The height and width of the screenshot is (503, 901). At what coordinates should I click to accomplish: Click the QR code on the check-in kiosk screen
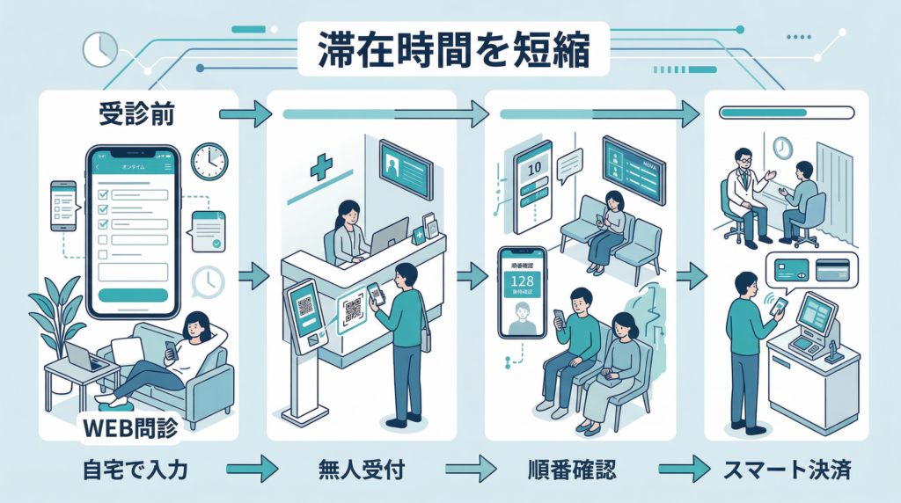304,305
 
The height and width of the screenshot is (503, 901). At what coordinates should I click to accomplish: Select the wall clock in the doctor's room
781,146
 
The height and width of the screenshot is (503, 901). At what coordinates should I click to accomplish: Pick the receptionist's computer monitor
388,236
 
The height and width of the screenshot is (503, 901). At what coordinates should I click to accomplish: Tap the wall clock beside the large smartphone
209,160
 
